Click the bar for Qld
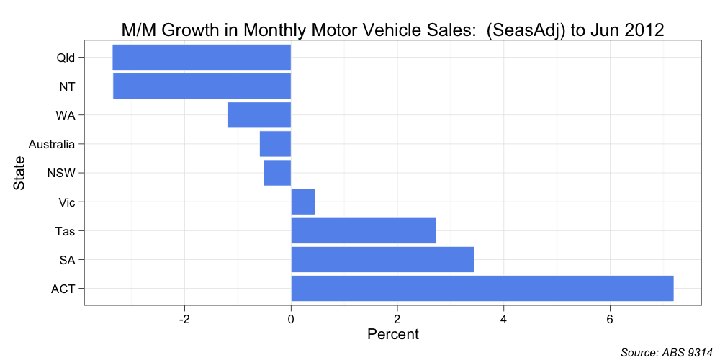tap(202, 58)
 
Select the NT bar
tap(202, 86)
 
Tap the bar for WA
tap(259, 115)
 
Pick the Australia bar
tap(275, 144)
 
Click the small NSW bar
tap(277, 173)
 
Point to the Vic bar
tap(303, 202)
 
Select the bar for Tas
tap(364, 231)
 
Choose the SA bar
tap(382, 260)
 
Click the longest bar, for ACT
tap(482, 289)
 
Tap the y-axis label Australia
tap(51, 145)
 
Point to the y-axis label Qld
tap(66, 58)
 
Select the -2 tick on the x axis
tap(184, 319)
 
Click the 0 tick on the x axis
tap(291, 319)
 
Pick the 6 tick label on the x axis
tap(610, 319)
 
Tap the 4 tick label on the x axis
tap(503, 319)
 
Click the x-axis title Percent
tap(392, 335)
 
